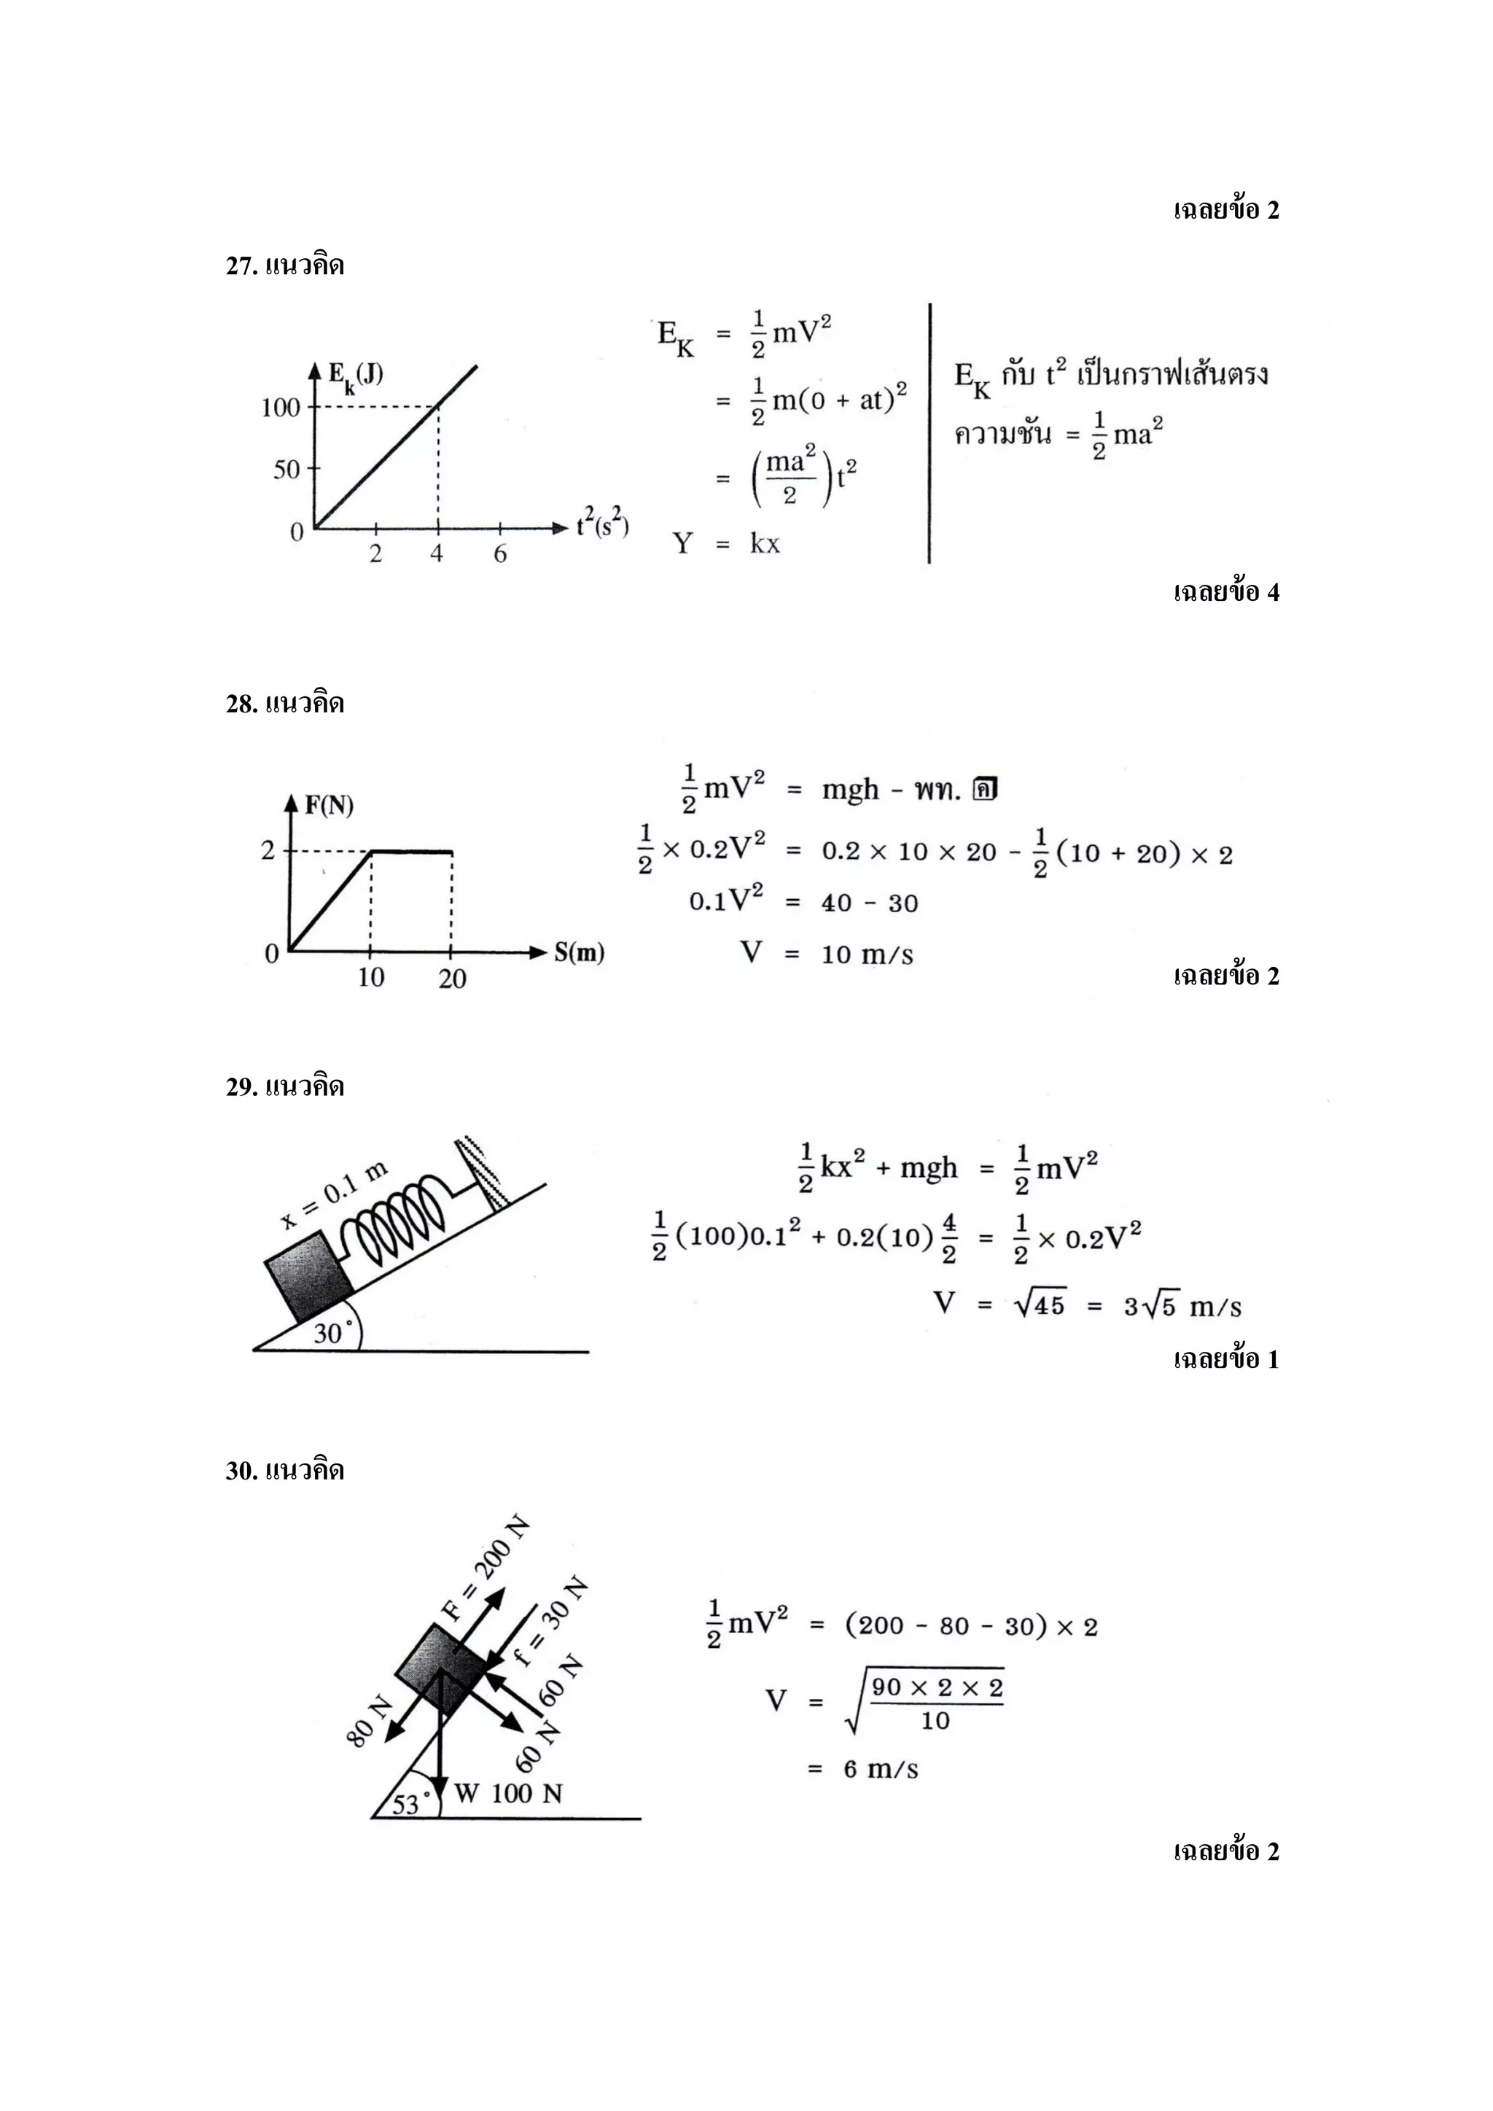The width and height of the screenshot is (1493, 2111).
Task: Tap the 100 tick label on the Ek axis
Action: (281, 408)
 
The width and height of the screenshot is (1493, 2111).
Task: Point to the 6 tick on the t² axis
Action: (500, 553)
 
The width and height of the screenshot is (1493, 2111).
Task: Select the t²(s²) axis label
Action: (602, 524)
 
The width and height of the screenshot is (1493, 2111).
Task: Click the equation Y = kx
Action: (726, 543)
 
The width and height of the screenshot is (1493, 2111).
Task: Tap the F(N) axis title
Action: (329, 806)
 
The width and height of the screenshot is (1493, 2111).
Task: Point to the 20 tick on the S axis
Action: (451, 979)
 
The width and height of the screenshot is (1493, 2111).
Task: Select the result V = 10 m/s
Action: (827, 954)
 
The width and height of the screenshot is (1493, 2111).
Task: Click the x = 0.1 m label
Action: (335, 1195)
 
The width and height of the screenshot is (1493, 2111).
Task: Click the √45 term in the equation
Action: (1039, 1305)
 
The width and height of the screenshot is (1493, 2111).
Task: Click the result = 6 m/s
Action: (864, 1770)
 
